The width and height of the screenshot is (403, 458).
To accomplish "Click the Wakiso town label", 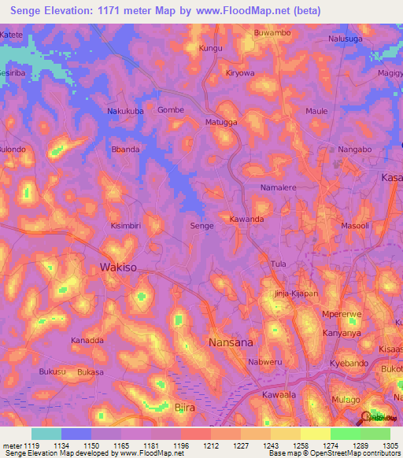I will (118, 268).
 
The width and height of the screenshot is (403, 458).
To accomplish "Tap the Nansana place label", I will (230, 342).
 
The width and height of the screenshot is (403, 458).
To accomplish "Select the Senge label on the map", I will (202, 226).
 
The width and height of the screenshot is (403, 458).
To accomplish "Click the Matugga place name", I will (221, 123).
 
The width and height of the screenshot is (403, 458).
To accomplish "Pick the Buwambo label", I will (272, 34).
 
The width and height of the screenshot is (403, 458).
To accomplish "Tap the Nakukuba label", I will (126, 111).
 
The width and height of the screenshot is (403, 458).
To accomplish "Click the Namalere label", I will (278, 189).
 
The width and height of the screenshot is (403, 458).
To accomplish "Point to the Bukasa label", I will (91, 371).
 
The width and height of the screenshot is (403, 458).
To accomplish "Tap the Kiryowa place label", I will (240, 73).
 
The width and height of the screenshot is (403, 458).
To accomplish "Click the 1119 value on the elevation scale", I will (24, 445).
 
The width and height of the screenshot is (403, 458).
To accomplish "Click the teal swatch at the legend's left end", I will (46, 434).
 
